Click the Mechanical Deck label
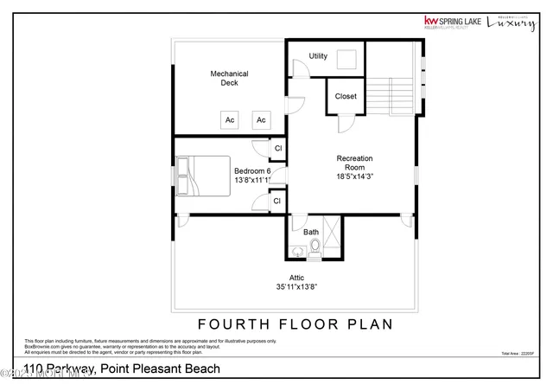(229, 79)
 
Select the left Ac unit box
(231, 119)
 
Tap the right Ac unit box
(261, 119)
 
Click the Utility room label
(318, 56)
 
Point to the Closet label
(346, 96)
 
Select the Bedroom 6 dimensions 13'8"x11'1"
(252, 180)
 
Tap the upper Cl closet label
(277, 149)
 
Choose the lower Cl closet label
(277, 201)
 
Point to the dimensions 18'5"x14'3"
(354, 175)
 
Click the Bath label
(310, 232)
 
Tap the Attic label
(296, 278)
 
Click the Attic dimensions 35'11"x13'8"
(296, 287)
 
